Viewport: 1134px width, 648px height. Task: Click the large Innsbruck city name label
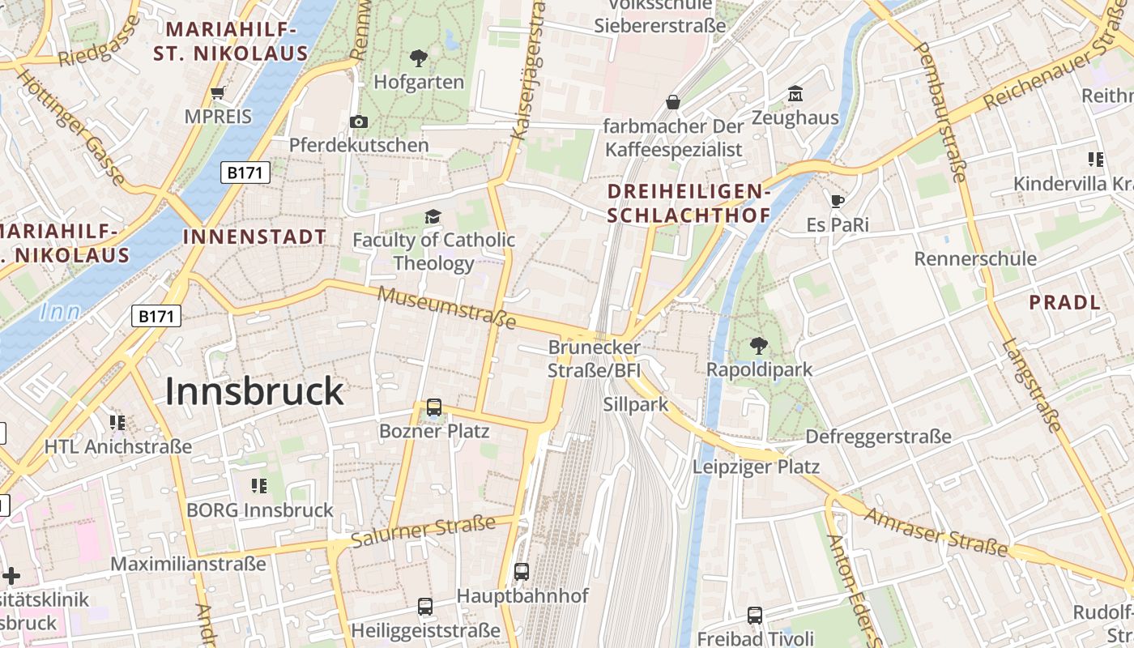(x=254, y=392)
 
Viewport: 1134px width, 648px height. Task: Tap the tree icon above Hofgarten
(x=419, y=58)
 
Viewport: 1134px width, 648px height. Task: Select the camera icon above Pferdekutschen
(x=359, y=122)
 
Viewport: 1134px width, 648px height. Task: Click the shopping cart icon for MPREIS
(x=217, y=92)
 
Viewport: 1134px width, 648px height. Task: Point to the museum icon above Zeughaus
(x=795, y=94)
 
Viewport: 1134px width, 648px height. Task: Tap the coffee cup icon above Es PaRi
(x=837, y=200)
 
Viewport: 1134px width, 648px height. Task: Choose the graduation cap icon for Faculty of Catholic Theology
(x=433, y=216)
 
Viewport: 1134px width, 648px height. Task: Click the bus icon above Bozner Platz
(x=434, y=407)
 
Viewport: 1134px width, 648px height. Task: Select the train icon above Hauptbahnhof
(x=522, y=571)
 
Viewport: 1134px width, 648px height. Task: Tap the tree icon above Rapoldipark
(x=759, y=346)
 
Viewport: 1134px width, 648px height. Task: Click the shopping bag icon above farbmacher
(x=672, y=102)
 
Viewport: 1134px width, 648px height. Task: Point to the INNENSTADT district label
(x=255, y=237)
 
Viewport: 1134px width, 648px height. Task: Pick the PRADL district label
(x=1064, y=303)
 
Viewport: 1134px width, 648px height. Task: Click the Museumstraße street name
(x=446, y=307)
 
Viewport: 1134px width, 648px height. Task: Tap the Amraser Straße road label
(x=936, y=532)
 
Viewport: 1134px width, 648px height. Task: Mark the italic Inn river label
(x=59, y=312)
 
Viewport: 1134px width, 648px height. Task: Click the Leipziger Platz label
(x=756, y=467)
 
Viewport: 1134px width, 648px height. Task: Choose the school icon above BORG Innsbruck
(x=259, y=486)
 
